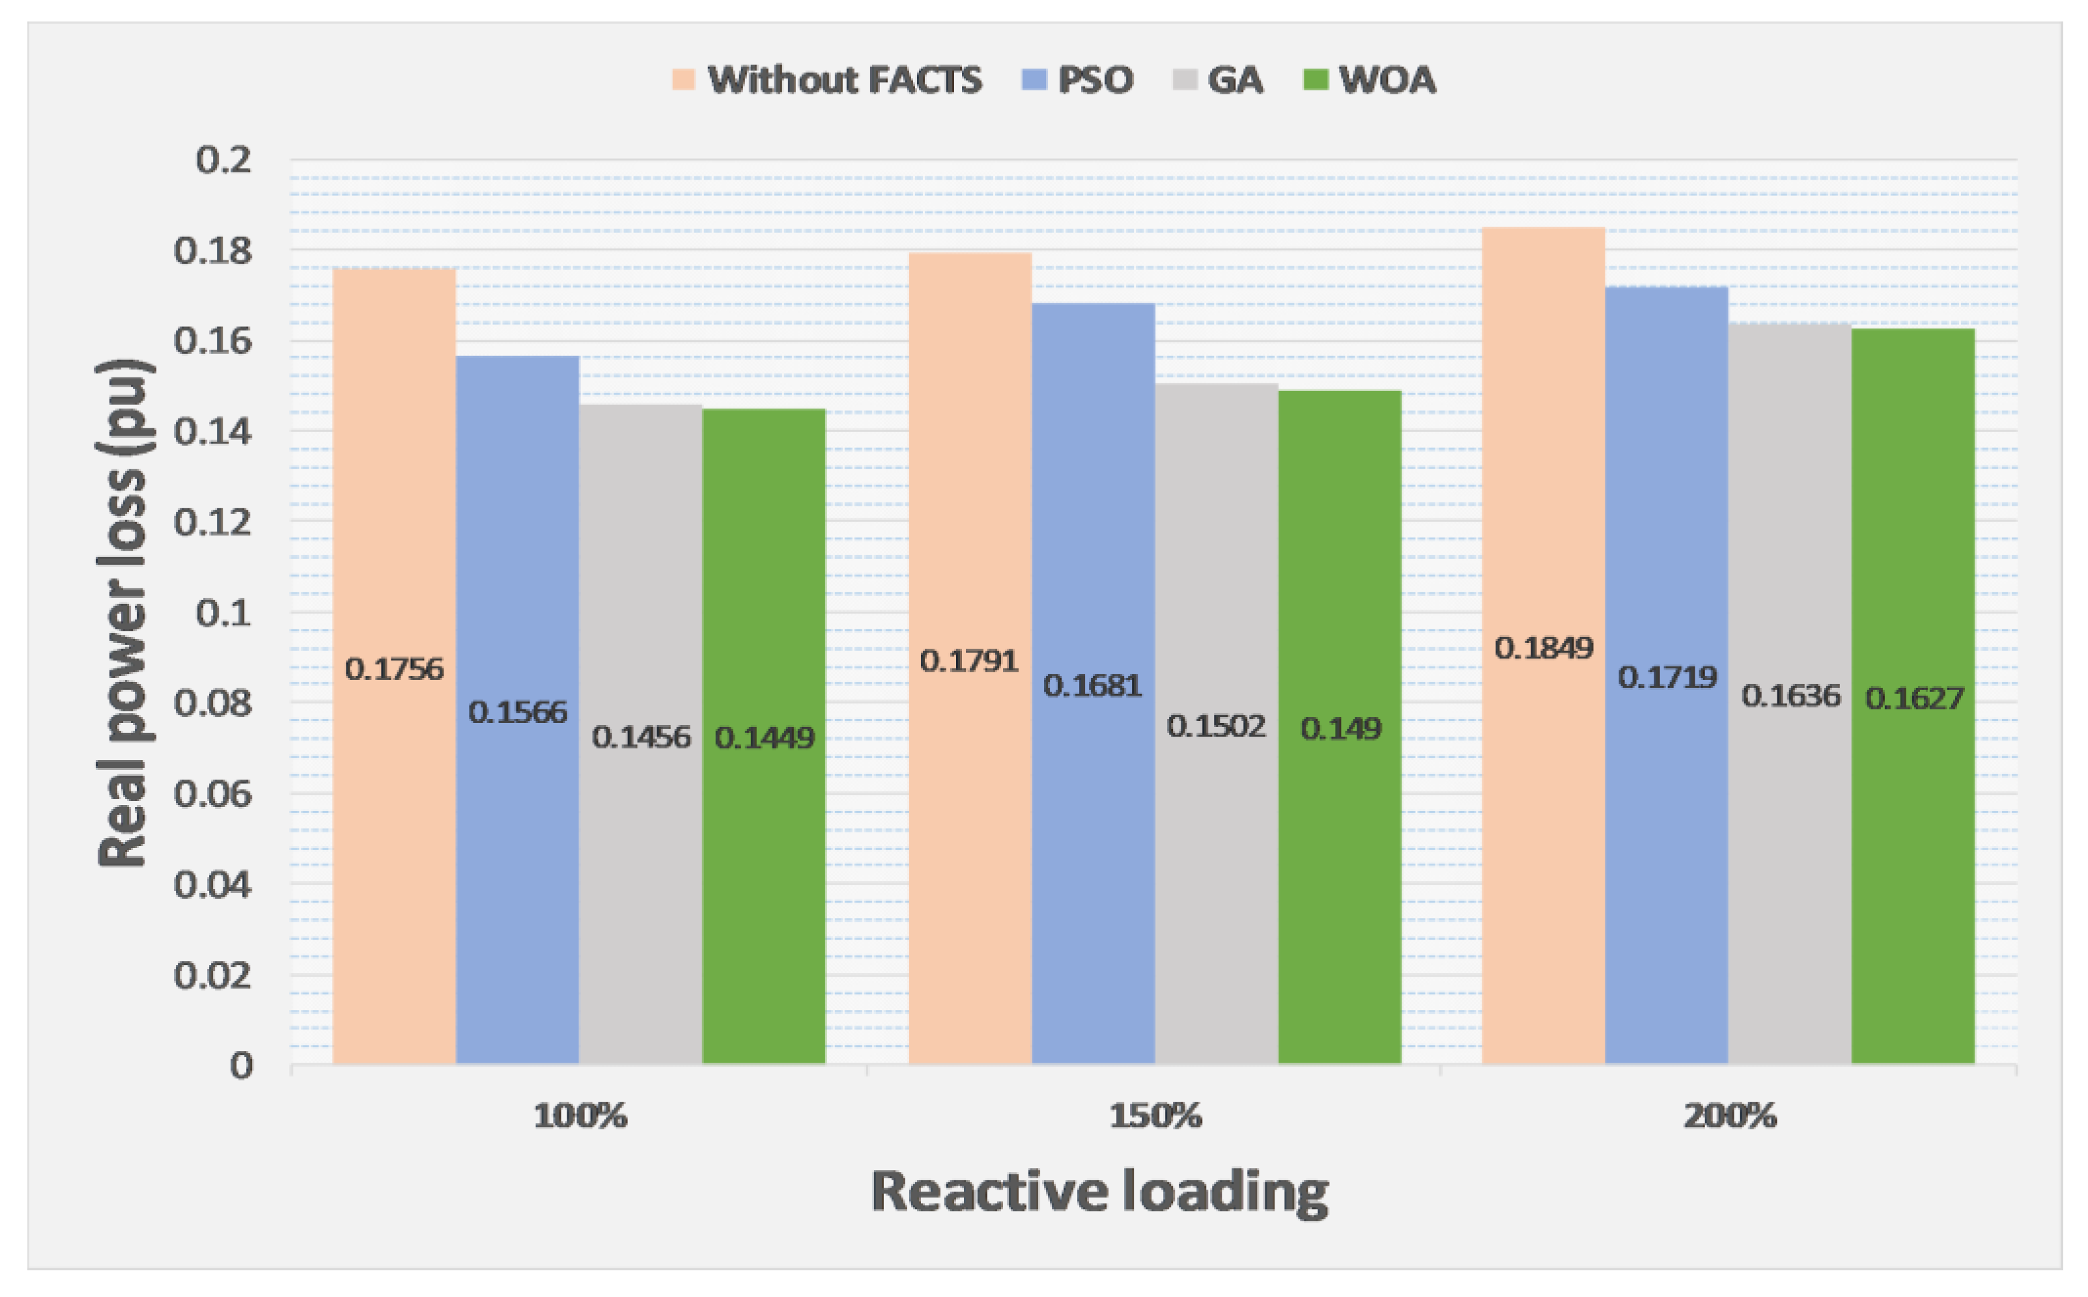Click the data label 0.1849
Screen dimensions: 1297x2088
point(1543,648)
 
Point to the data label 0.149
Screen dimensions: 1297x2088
point(1340,729)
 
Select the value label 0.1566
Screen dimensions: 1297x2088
point(518,712)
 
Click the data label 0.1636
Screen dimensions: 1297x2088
point(1790,696)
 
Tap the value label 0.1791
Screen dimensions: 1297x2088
point(969,661)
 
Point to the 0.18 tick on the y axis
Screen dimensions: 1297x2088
point(213,251)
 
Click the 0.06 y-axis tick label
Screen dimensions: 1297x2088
point(213,795)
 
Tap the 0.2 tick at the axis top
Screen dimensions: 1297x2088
point(223,160)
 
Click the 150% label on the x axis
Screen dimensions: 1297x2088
point(1155,1116)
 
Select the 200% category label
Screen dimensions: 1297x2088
point(1729,1116)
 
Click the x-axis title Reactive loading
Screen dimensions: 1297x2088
point(1099,1192)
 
